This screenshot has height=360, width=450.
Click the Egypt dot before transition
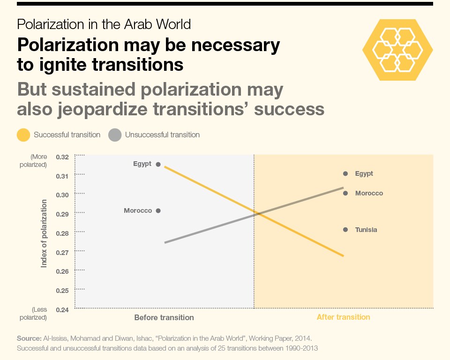coord(158,164)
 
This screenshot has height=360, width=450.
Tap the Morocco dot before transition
coord(158,211)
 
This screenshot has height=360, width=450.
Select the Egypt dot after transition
coord(345,174)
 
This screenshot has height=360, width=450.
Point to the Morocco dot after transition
coord(345,193)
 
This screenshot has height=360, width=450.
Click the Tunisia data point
coord(345,230)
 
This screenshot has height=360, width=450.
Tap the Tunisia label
coord(366,230)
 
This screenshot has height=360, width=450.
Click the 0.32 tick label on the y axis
coord(62,157)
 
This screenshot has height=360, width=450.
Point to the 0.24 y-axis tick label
coord(62,310)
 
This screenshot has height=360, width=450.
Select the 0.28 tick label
coord(62,233)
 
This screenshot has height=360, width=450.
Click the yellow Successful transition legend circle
coord(23,135)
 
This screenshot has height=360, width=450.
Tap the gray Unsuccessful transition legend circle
coord(115,135)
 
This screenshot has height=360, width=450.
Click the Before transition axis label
coord(164,317)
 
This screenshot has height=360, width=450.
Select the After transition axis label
coord(344,317)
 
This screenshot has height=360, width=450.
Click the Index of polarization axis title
coord(44,234)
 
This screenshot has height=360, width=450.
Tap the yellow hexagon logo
coord(398,50)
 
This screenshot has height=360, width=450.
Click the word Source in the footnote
coord(29,338)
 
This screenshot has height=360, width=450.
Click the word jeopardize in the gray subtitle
coord(103,109)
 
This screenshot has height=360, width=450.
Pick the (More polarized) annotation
coord(33,161)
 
